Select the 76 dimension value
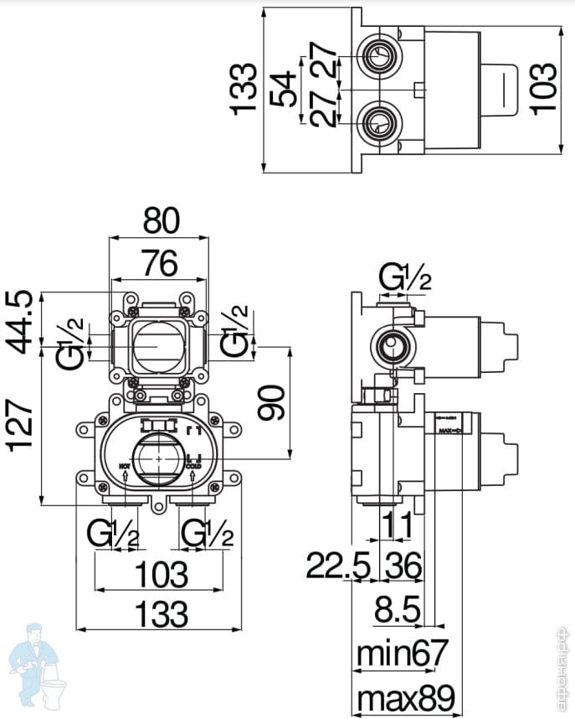point(159,264)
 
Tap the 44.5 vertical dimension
point(23,321)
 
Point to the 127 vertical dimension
point(23,426)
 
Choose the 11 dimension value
point(398,526)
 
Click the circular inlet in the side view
point(390,344)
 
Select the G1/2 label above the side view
point(405,277)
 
